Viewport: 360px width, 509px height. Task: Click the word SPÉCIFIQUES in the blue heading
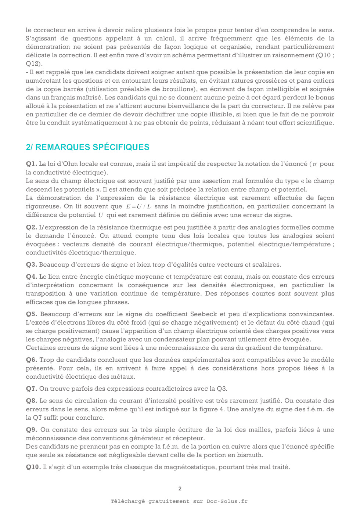coord(121,147)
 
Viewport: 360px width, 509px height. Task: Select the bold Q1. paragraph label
coord(31,164)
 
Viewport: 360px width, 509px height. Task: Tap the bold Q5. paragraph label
coord(31,314)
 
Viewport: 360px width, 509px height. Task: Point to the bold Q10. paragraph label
coord(33,467)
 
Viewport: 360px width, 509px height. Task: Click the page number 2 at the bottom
coord(180,488)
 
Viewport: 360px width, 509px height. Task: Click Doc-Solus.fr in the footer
coord(227,501)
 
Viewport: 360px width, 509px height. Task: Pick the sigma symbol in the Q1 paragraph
coord(315,164)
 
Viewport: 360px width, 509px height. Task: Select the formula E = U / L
coord(138,206)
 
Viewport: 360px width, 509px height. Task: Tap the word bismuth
coord(251,455)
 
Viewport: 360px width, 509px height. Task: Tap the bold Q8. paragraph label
coord(31,401)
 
